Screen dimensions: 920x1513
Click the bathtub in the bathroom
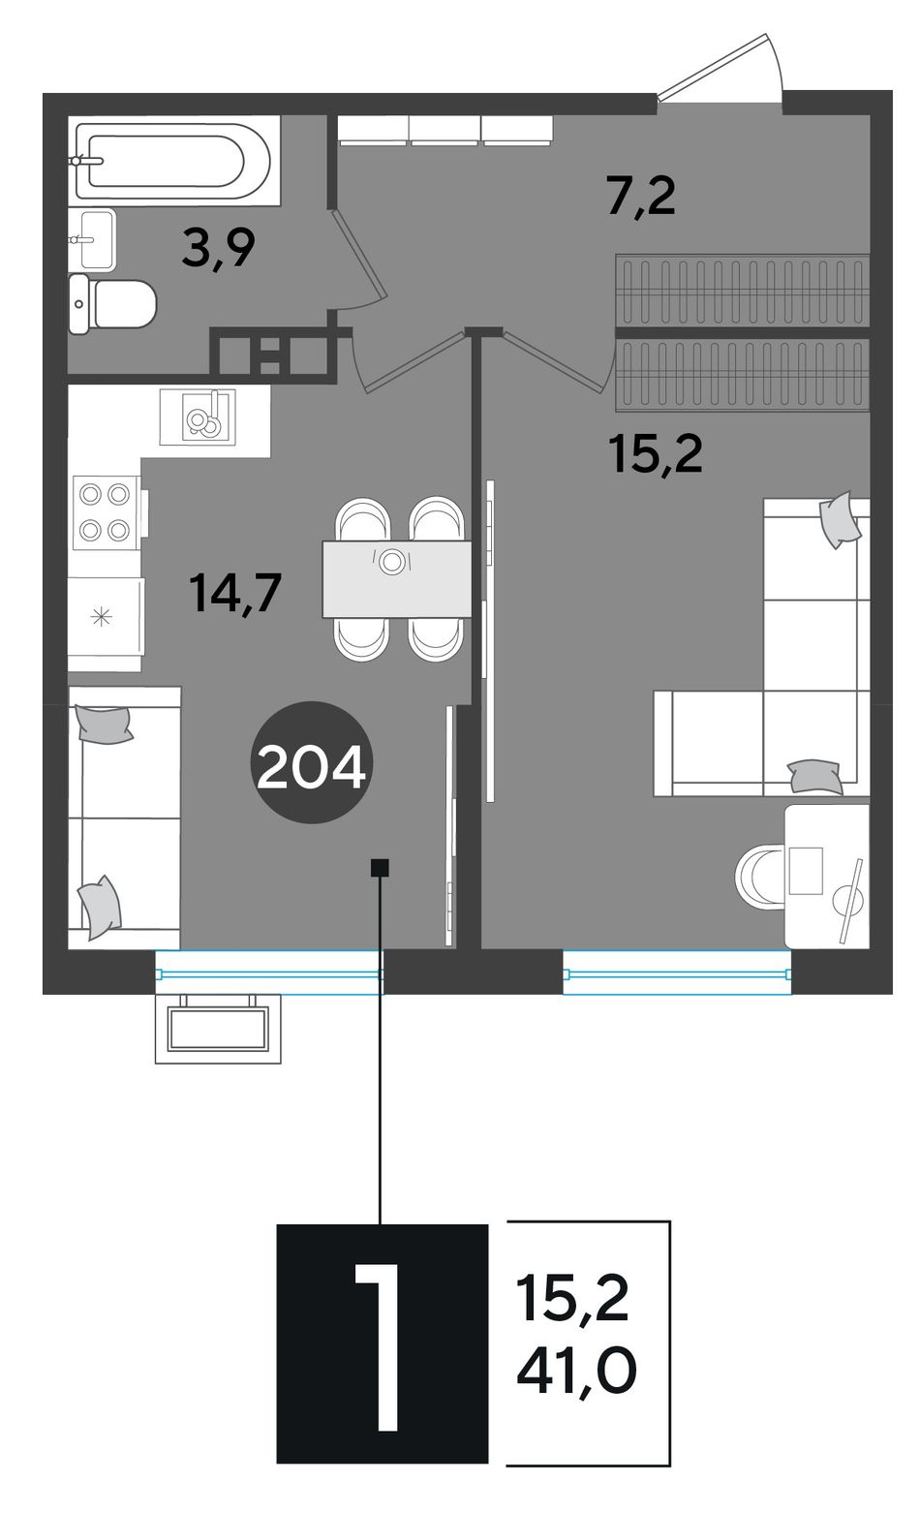click(x=173, y=160)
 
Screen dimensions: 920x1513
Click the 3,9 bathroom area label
click(x=218, y=248)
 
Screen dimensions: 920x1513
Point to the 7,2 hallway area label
click(x=641, y=197)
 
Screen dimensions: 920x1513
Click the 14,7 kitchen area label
click(x=235, y=593)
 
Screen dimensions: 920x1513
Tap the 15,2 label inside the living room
click(x=656, y=453)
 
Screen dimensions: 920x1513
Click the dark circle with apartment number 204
click(x=312, y=762)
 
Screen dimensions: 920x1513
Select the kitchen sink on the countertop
click(x=198, y=417)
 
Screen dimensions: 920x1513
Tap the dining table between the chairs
click(x=396, y=579)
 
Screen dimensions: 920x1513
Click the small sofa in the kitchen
click(x=124, y=818)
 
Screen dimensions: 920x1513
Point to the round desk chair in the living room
click(x=760, y=876)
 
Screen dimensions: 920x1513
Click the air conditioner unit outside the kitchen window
click(x=218, y=1029)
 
